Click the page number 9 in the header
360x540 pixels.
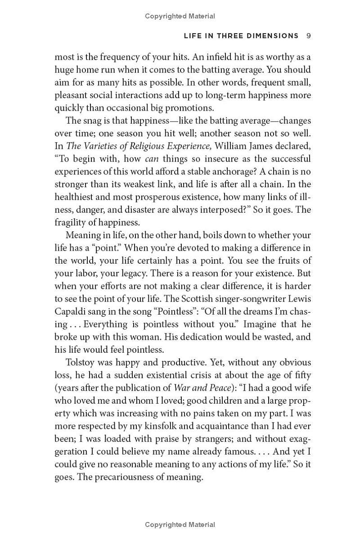(x=308, y=36)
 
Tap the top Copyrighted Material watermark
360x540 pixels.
(x=180, y=16)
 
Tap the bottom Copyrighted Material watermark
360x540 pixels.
(x=180, y=525)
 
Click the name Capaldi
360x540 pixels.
(x=70, y=311)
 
